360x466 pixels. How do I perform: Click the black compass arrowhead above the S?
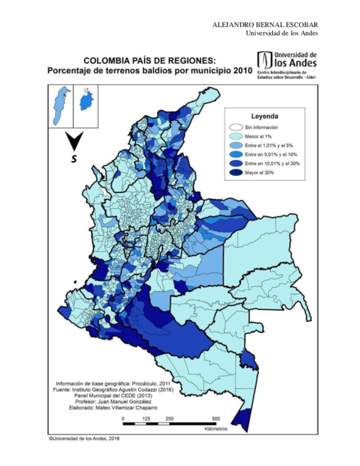tap(74, 142)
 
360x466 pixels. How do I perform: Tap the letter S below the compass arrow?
tap(74, 159)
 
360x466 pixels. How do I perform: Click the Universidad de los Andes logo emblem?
tap(264, 60)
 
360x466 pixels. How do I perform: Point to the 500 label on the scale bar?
tap(216, 419)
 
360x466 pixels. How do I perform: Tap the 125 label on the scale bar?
tap(146, 419)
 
